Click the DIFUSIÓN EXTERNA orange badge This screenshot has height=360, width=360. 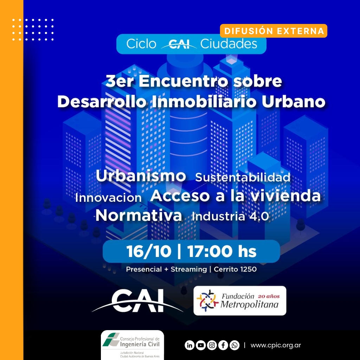click(274, 31)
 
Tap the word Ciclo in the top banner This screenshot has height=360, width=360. click(141, 44)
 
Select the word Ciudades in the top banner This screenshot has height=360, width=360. click(229, 44)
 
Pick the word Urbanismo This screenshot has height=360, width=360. click(141, 176)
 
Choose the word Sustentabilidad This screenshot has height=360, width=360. click(243, 178)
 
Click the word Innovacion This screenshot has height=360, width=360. click(108, 198)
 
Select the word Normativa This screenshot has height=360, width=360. click(139, 216)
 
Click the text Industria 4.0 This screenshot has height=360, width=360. click(230, 216)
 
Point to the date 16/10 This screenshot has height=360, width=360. click(149, 251)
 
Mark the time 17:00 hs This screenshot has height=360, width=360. click(221, 251)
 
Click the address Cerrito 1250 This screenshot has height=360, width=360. click(235, 269)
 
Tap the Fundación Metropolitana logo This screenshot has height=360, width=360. click(240, 301)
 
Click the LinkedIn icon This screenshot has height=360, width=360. click(189, 345)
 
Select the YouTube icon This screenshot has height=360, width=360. click(201, 345)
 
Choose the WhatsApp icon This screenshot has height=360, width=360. click(234, 345)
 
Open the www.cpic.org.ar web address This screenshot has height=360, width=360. click(276, 345)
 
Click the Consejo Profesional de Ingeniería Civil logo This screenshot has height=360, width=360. click(132, 345)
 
